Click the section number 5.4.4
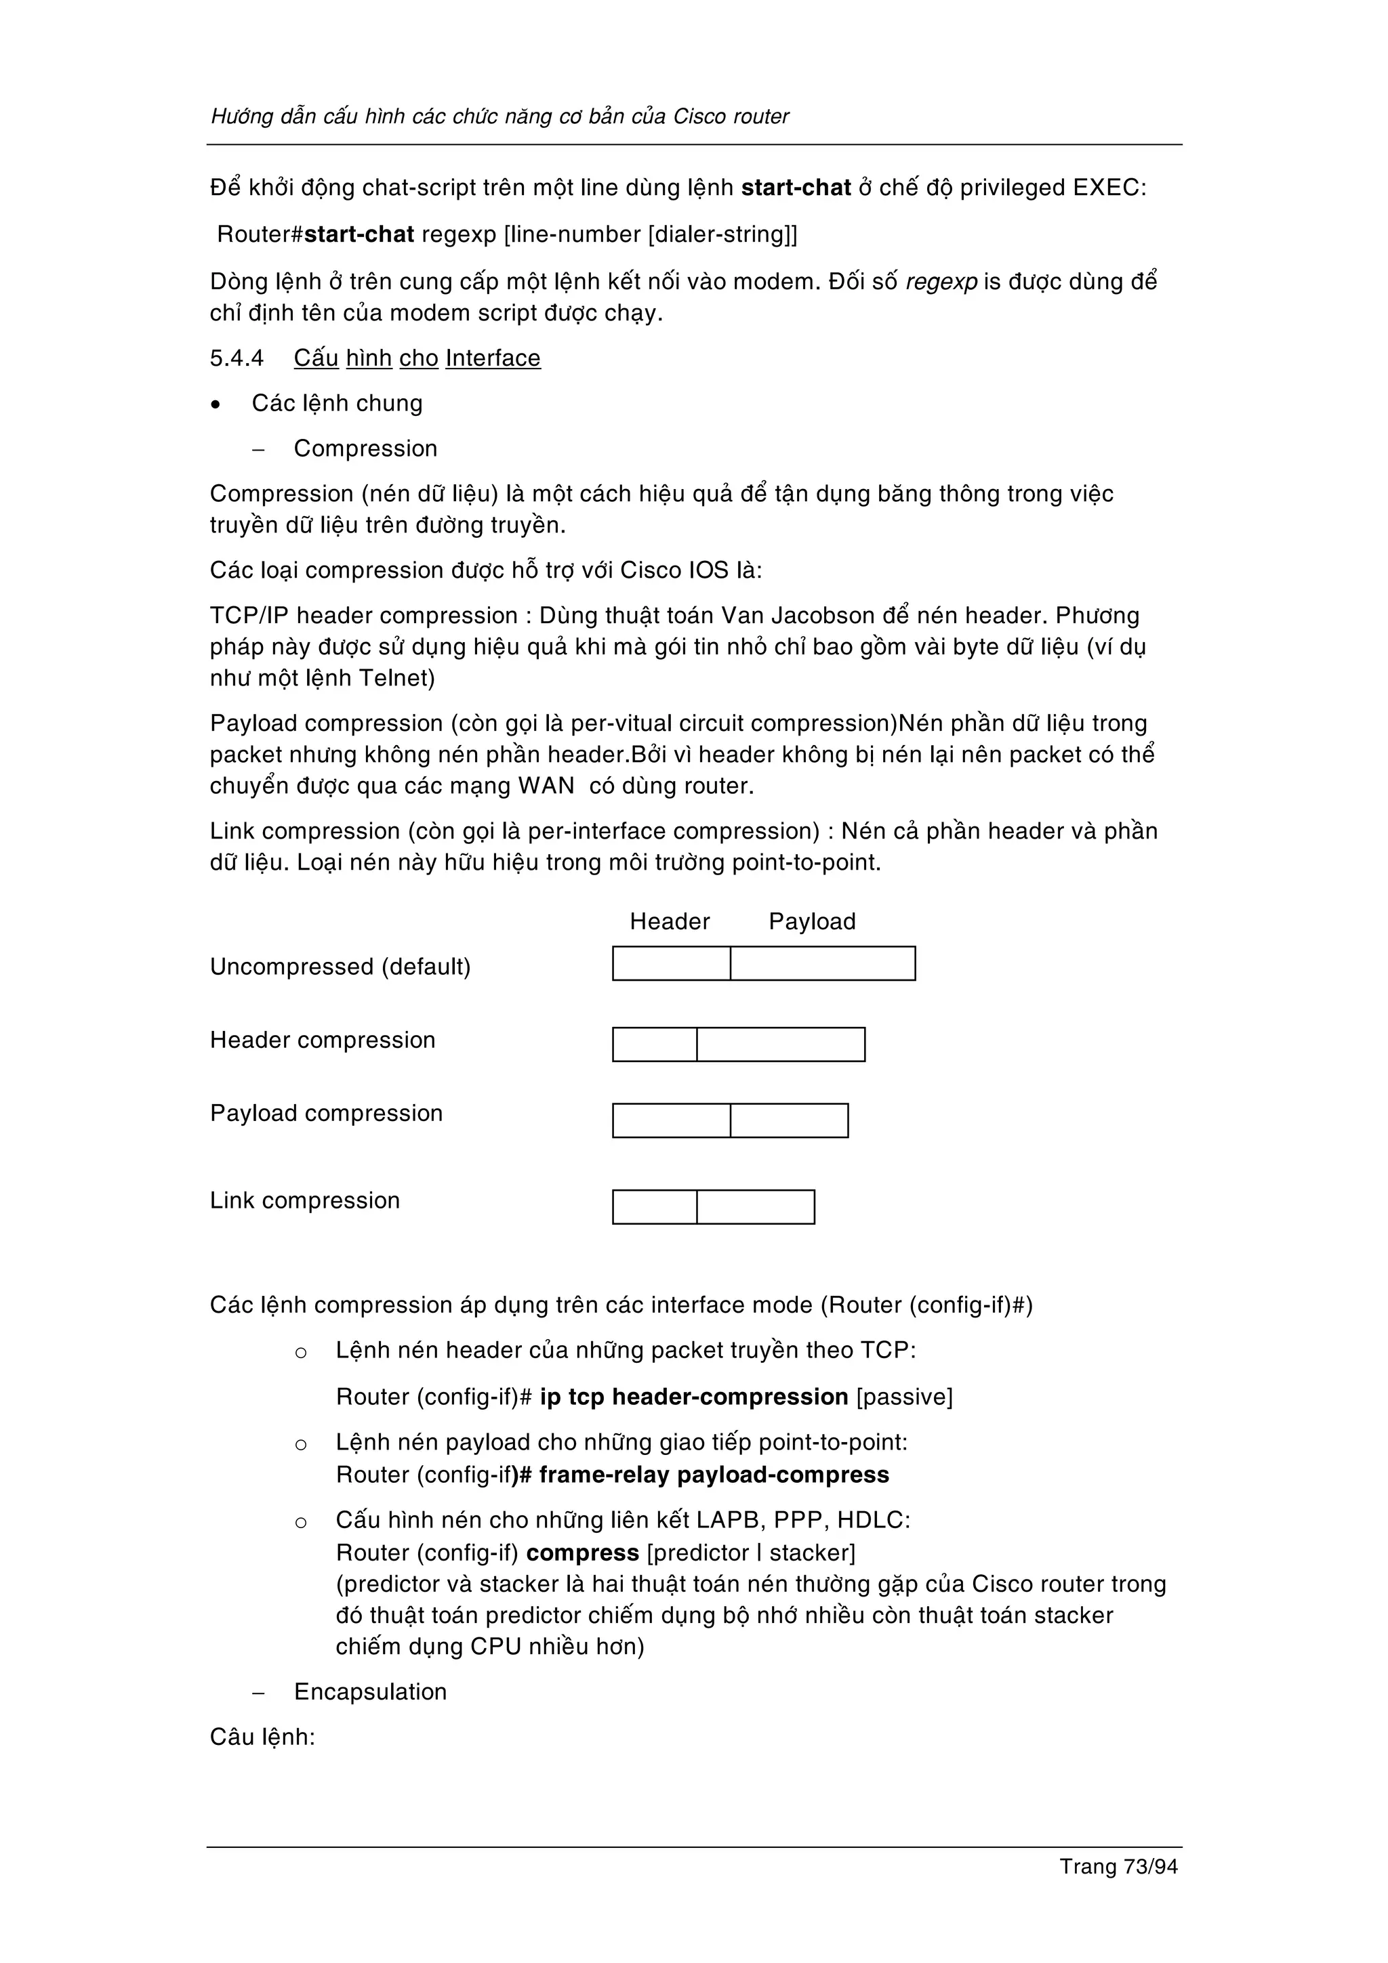[237, 358]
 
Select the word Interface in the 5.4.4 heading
[493, 358]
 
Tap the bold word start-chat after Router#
[359, 234]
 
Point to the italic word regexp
[941, 282]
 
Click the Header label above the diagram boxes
[670, 922]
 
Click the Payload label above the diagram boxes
[812, 922]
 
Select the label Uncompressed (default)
[340, 967]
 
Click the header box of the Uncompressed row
[672, 963]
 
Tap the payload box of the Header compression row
[780, 1044]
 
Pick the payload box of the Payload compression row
[788, 1121]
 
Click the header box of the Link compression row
[654, 1207]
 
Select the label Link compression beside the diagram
[304, 1200]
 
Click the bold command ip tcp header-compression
[693, 1397]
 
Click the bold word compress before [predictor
[582, 1553]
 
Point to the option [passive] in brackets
[904, 1397]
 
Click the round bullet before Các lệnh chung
[216, 404]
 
